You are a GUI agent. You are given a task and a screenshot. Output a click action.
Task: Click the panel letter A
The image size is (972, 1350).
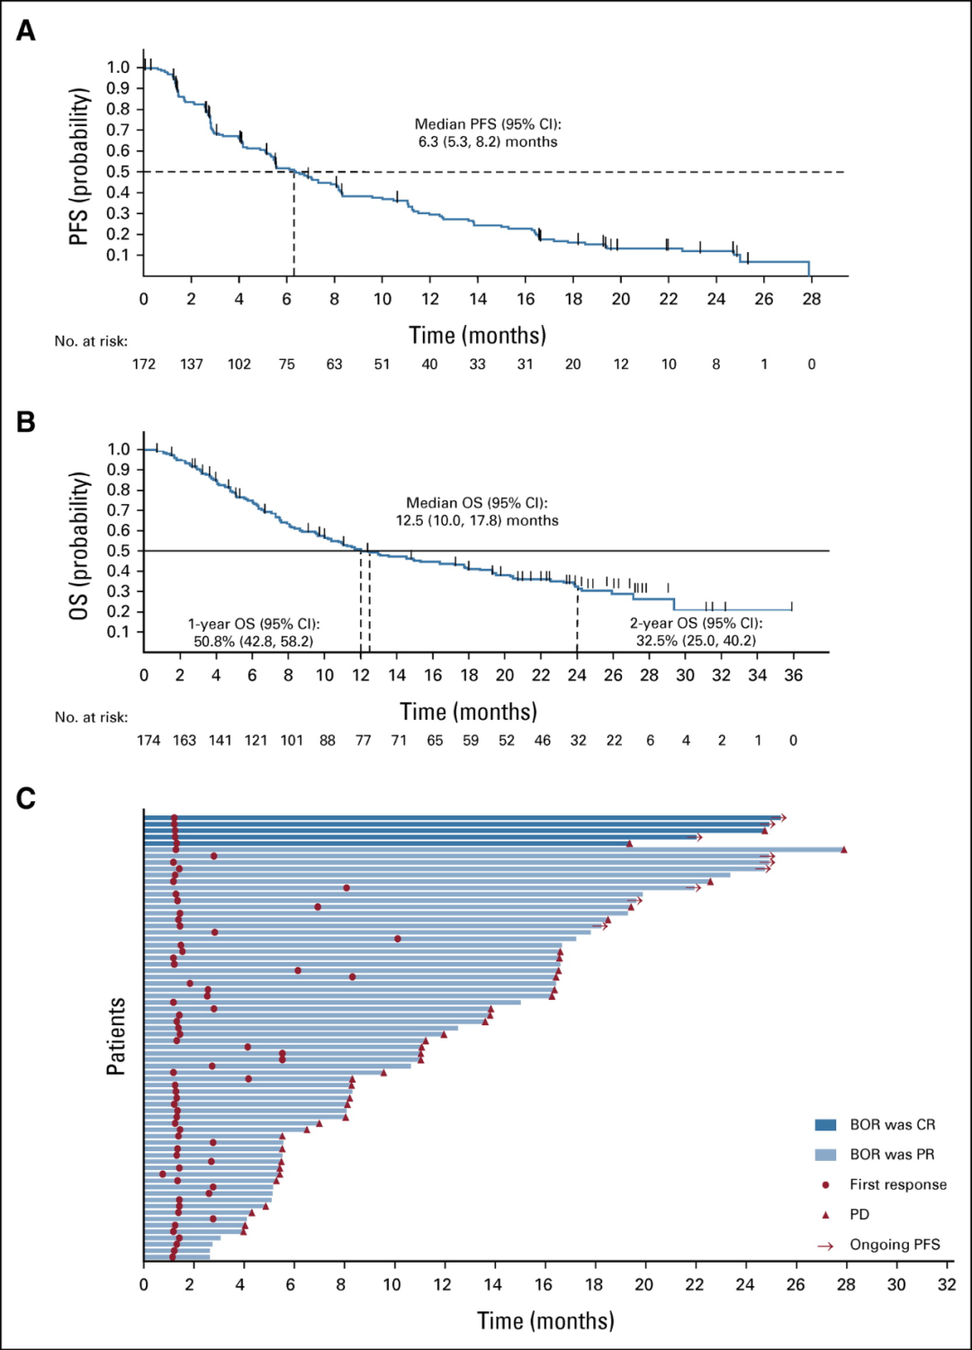tap(26, 31)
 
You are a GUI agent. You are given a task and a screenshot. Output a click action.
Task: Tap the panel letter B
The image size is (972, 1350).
tap(26, 421)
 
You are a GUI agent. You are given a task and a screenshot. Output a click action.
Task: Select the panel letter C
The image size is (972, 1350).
tap(26, 798)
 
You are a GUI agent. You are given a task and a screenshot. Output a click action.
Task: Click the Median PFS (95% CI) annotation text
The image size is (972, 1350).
tap(488, 133)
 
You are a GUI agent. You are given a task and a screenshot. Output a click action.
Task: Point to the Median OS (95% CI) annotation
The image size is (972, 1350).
tap(477, 511)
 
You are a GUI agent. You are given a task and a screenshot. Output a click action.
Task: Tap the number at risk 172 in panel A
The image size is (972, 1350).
tap(144, 364)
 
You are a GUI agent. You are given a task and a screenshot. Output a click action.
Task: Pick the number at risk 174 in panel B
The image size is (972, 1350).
tap(148, 741)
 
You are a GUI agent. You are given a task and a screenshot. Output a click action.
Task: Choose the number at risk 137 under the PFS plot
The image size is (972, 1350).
tap(192, 364)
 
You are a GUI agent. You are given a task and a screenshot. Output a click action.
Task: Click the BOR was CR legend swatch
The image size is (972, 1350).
tap(825, 1125)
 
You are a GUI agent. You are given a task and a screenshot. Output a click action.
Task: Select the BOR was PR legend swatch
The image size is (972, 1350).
tap(825, 1155)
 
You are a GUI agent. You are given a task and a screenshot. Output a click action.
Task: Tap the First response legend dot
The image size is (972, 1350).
tap(825, 1185)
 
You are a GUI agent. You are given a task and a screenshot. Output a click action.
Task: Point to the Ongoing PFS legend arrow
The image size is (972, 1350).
tap(825, 1246)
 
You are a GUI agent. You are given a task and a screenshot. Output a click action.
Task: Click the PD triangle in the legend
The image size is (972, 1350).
tap(825, 1215)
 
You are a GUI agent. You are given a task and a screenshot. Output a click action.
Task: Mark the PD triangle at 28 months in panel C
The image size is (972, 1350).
tap(843, 850)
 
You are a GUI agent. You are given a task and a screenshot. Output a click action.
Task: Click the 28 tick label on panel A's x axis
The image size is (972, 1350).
tap(812, 300)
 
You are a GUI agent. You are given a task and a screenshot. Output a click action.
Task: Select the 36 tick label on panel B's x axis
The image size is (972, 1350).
tap(793, 676)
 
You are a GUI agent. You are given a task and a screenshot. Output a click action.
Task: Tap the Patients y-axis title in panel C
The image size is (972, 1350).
tap(116, 1036)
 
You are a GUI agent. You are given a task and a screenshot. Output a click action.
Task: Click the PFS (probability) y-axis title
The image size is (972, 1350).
tap(79, 166)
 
